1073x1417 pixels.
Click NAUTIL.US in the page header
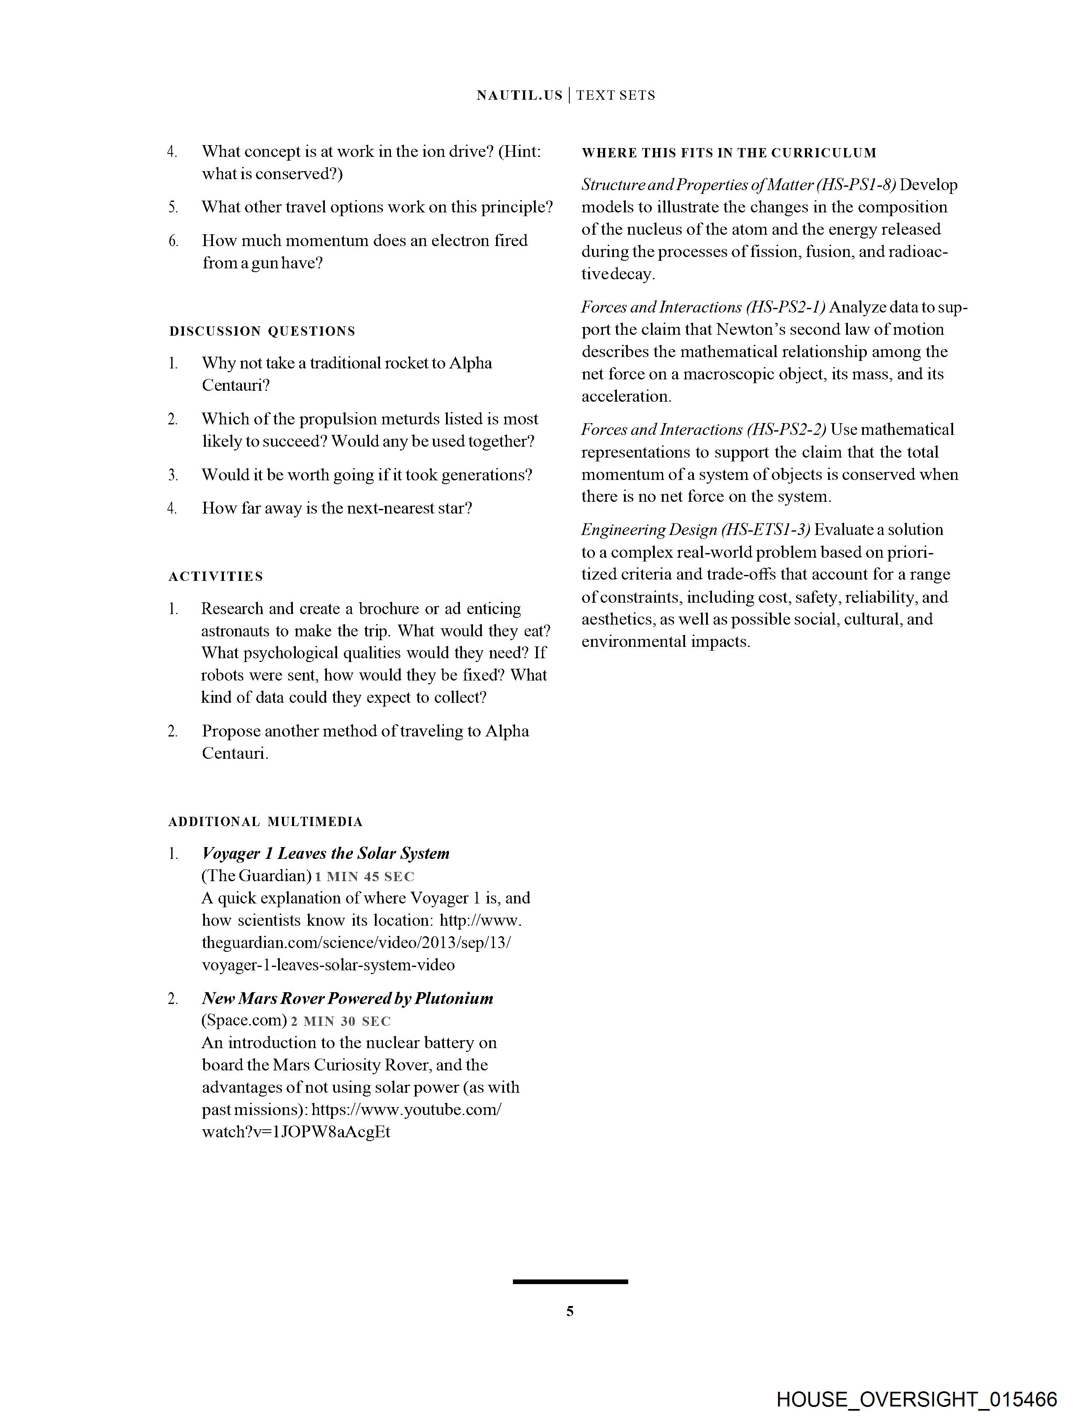click(x=519, y=95)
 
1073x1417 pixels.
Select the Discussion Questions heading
click(x=262, y=331)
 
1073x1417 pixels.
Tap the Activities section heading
click(x=215, y=577)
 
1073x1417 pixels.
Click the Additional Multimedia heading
click(x=266, y=822)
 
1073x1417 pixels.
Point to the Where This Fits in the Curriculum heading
click(x=729, y=153)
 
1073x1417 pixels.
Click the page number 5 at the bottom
click(x=570, y=1311)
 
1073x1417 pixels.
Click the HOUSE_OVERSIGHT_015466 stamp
click(x=916, y=1399)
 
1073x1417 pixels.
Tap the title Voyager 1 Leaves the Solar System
click(x=326, y=853)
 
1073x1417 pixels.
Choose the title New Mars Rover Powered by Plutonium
click(x=348, y=998)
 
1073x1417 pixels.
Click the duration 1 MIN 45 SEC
click(x=365, y=877)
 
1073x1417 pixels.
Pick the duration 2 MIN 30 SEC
click(x=340, y=1022)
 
